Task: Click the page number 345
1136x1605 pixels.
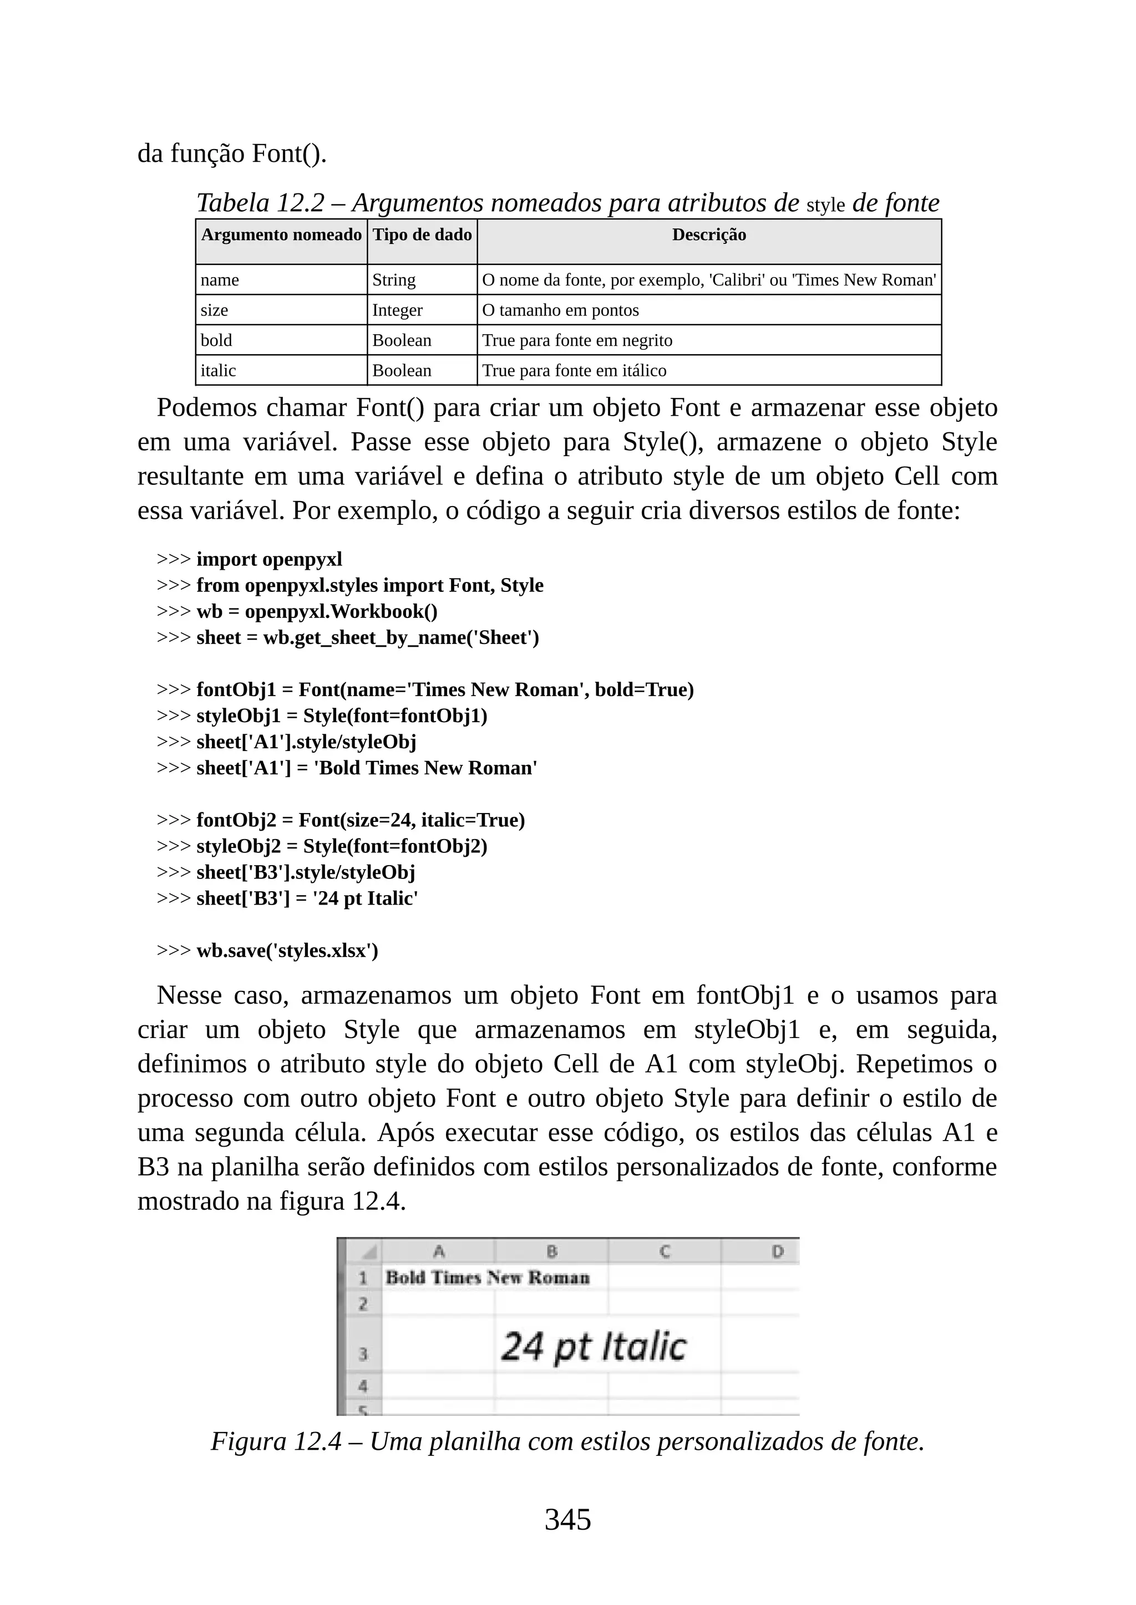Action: coord(567,1519)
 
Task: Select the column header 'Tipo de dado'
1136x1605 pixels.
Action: coord(422,235)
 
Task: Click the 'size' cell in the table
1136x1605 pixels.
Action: coord(214,310)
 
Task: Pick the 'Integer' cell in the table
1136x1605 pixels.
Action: coord(397,310)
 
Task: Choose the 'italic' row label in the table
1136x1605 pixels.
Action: coord(218,371)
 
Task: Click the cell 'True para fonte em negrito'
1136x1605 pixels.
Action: coord(577,340)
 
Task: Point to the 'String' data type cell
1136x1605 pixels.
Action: coord(393,280)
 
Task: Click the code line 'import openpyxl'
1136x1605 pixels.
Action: coord(270,559)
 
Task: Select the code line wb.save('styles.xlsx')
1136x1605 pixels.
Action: coord(287,950)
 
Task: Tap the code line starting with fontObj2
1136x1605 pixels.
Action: coord(360,820)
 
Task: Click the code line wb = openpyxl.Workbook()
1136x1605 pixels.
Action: coord(317,612)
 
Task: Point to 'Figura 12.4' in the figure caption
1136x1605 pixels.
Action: coord(276,1442)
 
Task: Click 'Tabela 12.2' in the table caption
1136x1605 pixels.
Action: coord(260,203)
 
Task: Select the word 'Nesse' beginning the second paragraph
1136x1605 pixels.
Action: coord(189,995)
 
